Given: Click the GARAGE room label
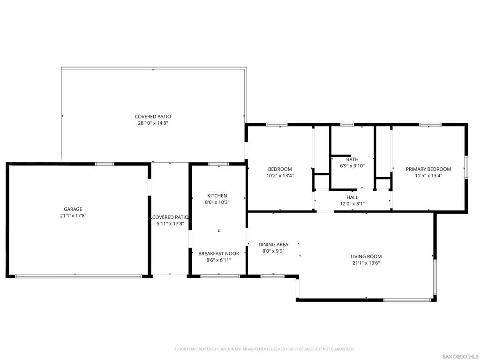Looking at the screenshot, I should coord(73,209).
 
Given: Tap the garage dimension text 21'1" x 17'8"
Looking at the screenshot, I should coord(73,216).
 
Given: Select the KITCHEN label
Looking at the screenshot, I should coord(217,196).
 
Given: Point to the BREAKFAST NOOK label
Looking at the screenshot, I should coord(218,254).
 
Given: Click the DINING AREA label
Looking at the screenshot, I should coord(273,244).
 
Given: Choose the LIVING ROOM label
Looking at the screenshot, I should coord(366,256).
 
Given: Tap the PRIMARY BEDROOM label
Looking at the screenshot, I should coord(428,169).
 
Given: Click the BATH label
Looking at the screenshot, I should coord(352,159).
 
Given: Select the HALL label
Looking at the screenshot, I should coord(352,197).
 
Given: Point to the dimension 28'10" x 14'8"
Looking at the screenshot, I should coord(153,123).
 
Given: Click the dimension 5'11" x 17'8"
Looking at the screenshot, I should coord(170,224).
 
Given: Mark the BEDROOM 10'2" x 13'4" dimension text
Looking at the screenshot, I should coord(280,176).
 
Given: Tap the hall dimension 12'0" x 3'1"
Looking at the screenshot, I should coord(352,204).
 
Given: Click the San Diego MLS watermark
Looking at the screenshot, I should coord(460,356).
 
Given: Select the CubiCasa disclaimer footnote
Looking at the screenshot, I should coord(264,349).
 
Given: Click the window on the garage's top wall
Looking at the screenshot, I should coord(105,164).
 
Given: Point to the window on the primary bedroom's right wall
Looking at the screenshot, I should coord(466,167).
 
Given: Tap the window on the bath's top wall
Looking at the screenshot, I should coord(347,125).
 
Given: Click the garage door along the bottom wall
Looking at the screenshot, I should coord(79,276).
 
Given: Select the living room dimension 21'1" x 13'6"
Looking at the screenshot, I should coord(366,263).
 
